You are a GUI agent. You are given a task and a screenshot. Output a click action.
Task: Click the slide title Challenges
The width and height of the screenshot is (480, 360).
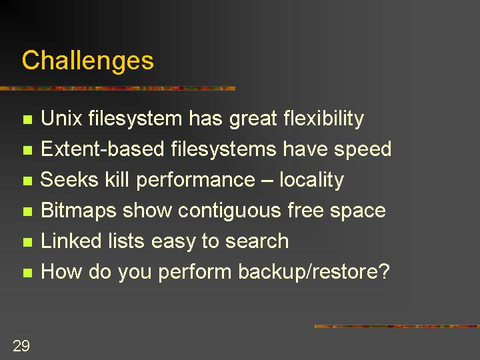pos(88,61)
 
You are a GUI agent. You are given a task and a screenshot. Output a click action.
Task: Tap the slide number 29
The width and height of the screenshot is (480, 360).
pos(21,345)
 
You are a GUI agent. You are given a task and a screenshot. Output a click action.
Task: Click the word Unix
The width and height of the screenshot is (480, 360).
pos(61,118)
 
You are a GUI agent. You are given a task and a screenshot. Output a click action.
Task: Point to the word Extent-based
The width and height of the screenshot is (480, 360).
pos(102,149)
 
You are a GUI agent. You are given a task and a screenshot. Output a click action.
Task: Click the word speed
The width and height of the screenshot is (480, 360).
pos(363,150)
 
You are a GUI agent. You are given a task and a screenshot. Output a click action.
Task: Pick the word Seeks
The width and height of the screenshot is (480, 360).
pos(69,179)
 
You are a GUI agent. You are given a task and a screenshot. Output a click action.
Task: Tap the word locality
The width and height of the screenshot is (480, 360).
pos(311,181)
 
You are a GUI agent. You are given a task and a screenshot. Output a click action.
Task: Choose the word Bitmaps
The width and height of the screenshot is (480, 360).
pos(79,211)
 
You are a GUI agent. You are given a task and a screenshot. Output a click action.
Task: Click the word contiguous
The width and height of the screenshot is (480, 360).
pos(229,211)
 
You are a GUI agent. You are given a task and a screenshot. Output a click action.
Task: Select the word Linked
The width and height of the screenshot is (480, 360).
pos(71,241)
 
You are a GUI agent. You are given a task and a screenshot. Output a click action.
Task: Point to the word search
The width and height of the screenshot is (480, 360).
pos(257,241)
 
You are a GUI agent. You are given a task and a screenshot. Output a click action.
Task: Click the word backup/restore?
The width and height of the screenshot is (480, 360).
pos(314,272)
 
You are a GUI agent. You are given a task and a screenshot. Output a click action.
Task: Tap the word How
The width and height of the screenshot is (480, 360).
pos(61,271)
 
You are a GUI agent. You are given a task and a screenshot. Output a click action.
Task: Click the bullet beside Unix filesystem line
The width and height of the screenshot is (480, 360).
pos(27,119)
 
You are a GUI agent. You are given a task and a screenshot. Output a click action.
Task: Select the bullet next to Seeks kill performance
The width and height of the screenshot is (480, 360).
pos(27,181)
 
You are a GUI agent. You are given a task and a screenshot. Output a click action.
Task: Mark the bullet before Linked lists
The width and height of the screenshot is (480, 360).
pos(27,242)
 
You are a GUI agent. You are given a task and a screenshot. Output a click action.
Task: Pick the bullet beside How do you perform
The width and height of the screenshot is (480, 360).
pos(27,273)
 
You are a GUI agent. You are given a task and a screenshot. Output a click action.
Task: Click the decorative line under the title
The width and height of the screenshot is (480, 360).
pos(117,89)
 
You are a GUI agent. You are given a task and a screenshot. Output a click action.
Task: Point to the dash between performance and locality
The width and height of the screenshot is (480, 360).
pos(267,181)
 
